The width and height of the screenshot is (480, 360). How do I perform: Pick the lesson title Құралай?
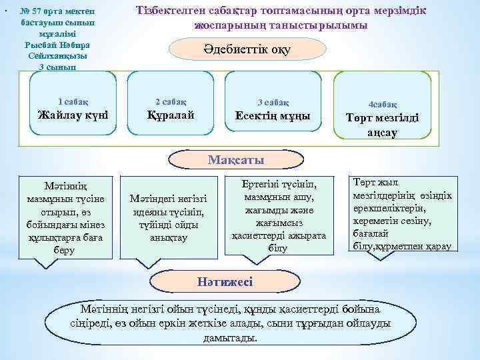tap(171, 115)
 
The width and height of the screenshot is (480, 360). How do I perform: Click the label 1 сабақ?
tap(73, 101)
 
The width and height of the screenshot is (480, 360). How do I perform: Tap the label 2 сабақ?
tap(171, 101)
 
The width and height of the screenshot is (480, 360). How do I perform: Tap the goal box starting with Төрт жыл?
tap(401, 214)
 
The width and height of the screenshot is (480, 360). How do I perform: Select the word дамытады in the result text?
tap(229, 339)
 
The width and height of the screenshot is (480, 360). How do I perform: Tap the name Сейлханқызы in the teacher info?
tap(57, 56)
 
